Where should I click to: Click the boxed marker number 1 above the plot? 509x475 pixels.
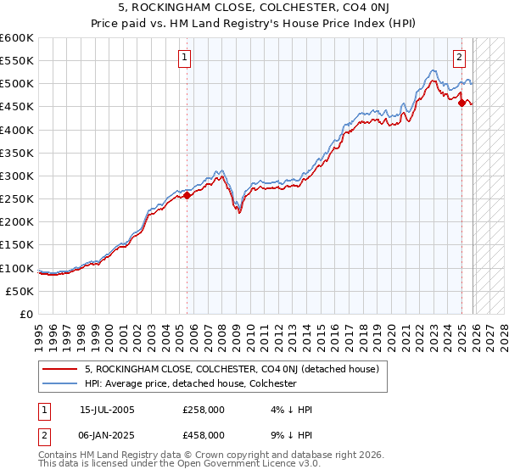coord(184,58)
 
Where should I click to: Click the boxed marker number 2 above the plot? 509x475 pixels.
coord(459,58)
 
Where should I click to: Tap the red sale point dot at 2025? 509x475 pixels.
coord(461,103)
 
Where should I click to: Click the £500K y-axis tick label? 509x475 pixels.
coord(17,83)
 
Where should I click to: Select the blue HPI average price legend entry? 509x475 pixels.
coord(190,383)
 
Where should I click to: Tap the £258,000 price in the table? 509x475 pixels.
coord(204,410)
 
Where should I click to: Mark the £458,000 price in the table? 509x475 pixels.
coord(204,434)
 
